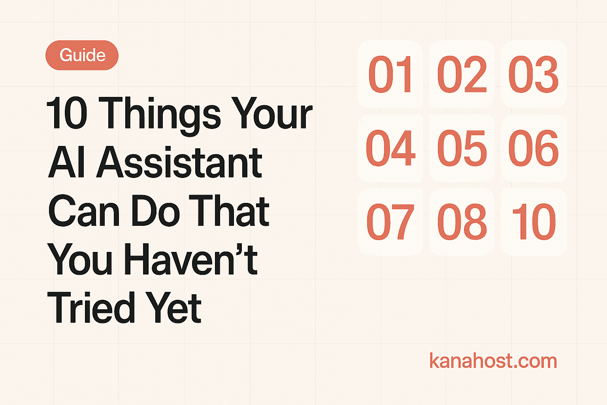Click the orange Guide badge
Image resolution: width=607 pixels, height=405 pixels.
82,55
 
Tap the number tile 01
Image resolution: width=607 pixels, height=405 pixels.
391,74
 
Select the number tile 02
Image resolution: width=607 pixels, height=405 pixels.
462,74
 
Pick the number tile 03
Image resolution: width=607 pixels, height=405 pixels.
533,74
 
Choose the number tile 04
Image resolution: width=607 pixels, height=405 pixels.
391,148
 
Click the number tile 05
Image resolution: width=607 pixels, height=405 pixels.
462,148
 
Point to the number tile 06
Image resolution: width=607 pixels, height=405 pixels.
533,148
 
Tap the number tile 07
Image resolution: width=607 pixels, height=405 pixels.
391,222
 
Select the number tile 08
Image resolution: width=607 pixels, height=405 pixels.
462,222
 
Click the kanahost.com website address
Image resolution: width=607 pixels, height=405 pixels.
493,361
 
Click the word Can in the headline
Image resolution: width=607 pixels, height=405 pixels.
84,211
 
